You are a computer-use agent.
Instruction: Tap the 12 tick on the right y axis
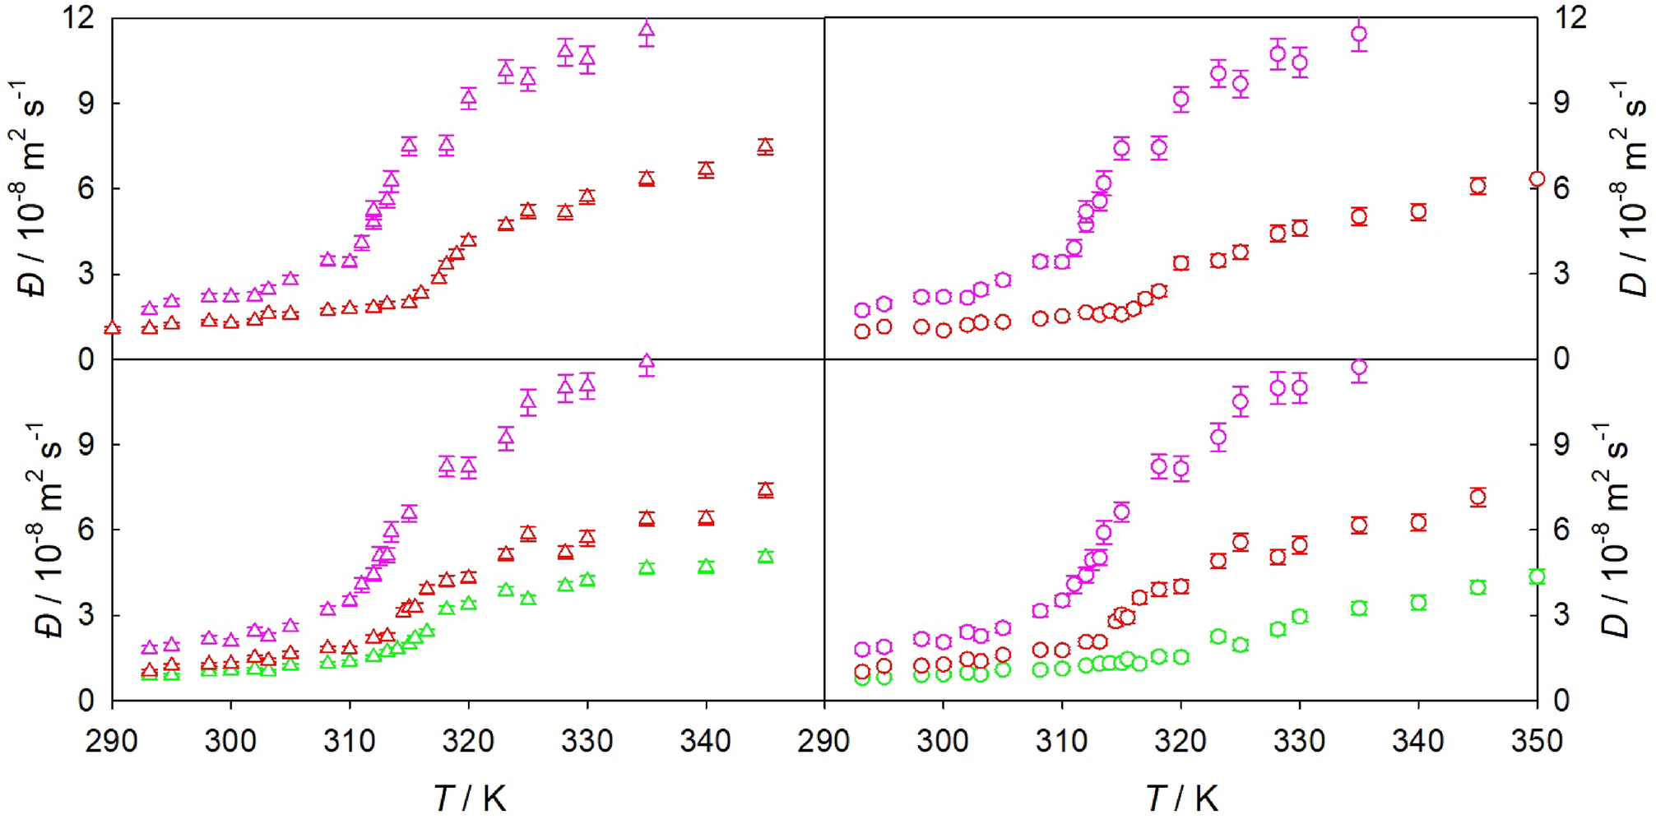[1570, 17]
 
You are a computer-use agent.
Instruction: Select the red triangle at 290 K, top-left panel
[113, 328]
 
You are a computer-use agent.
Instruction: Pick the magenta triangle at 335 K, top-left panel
[647, 32]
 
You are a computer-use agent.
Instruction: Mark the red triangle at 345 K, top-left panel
[765, 146]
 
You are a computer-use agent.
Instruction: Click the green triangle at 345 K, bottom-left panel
[765, 557]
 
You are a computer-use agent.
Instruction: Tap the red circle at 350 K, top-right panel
[1536, 179]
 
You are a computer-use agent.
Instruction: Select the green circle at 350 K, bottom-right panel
[1536, 576]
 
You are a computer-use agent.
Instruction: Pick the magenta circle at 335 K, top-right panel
[1359, 35]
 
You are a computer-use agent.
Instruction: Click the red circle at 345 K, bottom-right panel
[1477, 497]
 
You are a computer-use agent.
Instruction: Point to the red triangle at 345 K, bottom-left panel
[765, 490]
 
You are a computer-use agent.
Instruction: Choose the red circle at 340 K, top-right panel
[1418, 212]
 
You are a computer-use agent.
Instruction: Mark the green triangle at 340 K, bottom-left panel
[706, 567]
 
